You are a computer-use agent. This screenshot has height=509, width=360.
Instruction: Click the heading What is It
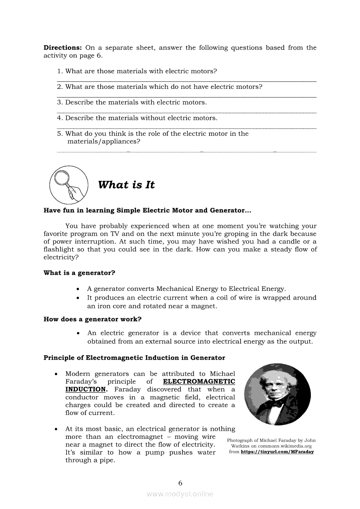coord(126,185)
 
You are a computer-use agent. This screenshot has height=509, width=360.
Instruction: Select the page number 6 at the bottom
coord(180,482)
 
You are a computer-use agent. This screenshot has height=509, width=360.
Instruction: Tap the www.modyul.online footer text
coord(180,494)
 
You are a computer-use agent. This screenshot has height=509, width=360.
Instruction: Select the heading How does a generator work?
coord(92,319)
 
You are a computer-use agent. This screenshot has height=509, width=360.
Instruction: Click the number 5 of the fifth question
coord(59,134)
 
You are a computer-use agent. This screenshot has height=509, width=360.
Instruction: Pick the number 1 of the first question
coord(59,71)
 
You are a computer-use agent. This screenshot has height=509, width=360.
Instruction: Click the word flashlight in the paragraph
coord(59,249)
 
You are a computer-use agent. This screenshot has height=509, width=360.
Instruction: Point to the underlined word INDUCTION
coord(85,389)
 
